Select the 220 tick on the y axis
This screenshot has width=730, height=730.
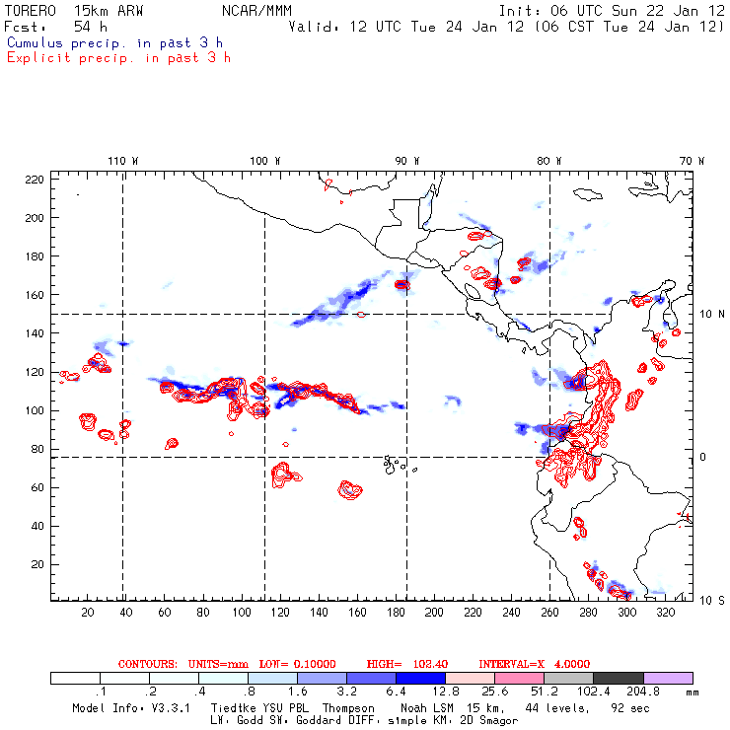click(x=36, y=179)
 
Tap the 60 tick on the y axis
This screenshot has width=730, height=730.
click(x=38, y=487)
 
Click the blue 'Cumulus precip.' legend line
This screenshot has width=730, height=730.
click(x=114, y=42)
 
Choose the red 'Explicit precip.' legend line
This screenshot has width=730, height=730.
click(x=118, y=57)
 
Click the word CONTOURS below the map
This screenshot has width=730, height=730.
click(x=147, y=664)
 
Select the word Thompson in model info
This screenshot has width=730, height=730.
click(x=347, y=708)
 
